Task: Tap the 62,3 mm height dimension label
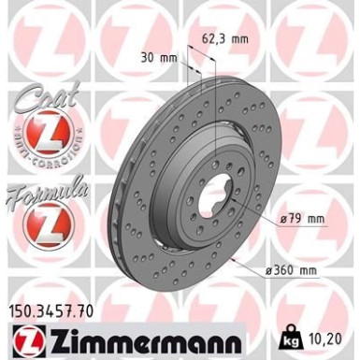coord(228,40)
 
